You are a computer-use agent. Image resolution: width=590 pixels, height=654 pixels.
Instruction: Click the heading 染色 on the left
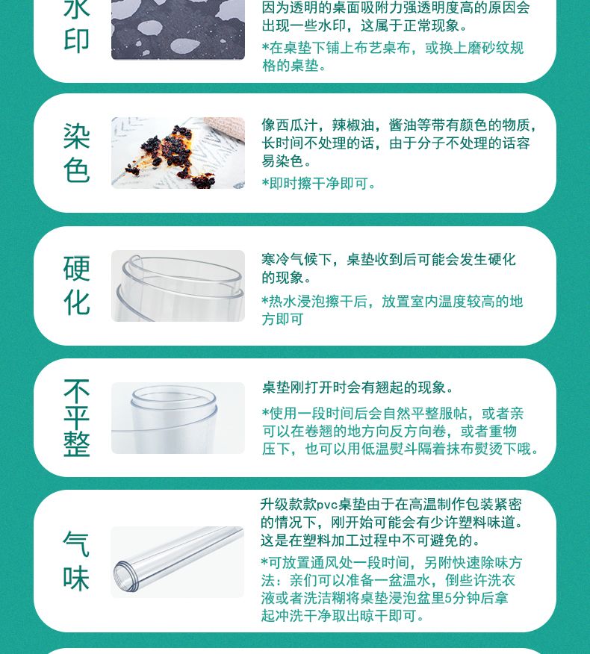click(x=77, y=153)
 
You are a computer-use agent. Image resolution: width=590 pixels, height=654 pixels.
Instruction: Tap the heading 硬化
click(x=77, y=286)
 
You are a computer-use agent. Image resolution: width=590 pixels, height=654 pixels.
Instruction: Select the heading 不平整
click(x=77, y=418)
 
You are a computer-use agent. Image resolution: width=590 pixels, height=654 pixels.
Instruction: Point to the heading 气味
click(x=76, y=561)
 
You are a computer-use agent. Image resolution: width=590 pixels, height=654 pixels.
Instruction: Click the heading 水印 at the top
click(x=77, y=26)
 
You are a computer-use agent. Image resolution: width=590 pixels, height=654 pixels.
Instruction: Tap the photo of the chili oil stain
click(x=178, y=153)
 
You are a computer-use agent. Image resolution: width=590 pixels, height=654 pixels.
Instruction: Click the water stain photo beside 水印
click(x=178, y=30)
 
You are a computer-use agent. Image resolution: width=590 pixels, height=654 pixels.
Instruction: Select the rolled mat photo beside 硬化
click(x=178, y=286)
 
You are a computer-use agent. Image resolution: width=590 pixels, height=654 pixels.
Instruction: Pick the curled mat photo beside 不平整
click(x=178, y=418)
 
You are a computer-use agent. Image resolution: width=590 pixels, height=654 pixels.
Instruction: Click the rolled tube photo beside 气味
click(x=177, y=562)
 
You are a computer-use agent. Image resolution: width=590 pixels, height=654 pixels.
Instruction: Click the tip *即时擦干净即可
click(x=318, y=184)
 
